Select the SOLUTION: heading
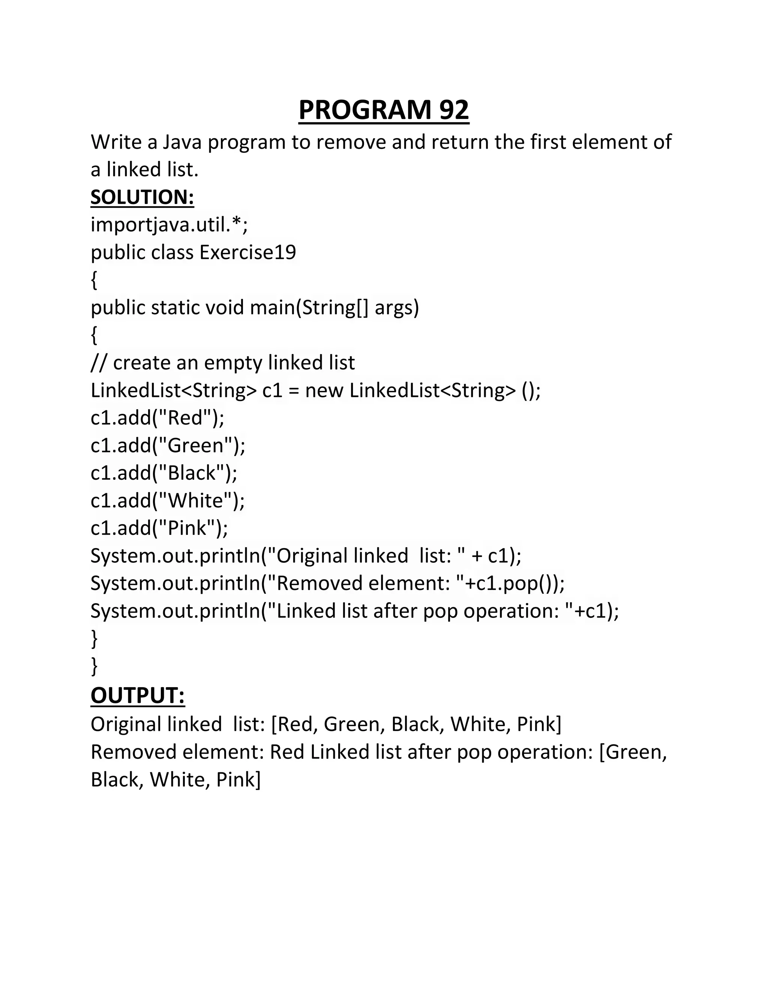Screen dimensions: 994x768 [142, 197]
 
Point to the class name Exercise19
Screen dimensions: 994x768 [248, 252]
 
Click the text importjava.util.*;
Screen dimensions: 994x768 [169, 224]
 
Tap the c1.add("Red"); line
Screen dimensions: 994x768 [157, 418]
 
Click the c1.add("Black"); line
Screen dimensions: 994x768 [164, 473]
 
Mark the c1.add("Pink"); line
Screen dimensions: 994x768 [159, 528]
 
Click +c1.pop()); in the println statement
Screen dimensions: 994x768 [514, 583]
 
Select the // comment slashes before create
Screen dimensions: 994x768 [99, 363]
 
